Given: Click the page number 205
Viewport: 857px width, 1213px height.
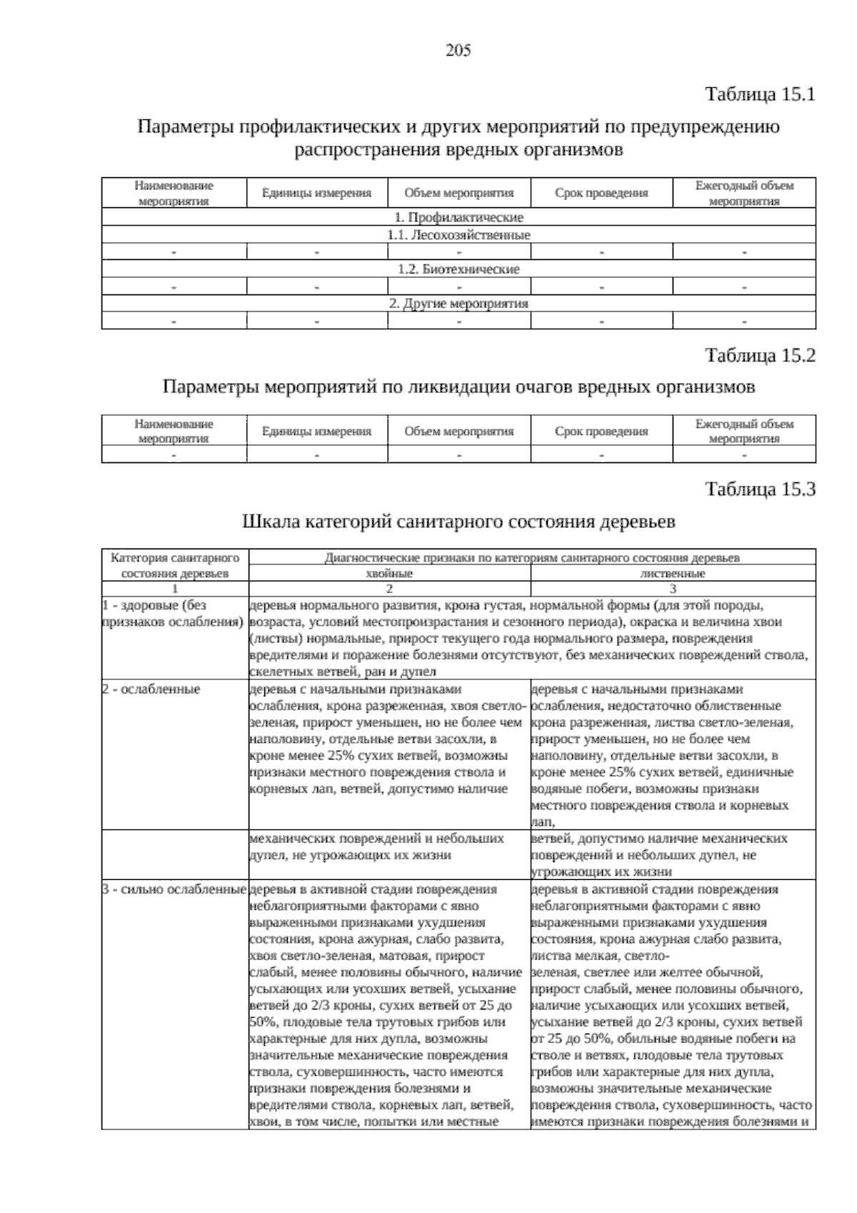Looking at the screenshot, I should point(458,50).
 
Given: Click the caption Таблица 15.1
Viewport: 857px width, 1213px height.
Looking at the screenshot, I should point(760,94).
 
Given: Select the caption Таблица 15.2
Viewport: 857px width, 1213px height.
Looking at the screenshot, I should point(760,355).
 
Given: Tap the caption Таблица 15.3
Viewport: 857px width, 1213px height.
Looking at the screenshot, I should point(760,489).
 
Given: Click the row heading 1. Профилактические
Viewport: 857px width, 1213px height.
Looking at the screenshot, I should point(458,217).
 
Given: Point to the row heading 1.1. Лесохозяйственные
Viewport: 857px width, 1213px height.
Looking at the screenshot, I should point(458,234).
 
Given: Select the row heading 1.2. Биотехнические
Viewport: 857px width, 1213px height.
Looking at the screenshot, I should point(458,269).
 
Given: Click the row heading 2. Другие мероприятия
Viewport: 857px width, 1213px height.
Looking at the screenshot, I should point(458,303).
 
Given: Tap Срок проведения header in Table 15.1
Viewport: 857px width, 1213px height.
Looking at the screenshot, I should point(601,193).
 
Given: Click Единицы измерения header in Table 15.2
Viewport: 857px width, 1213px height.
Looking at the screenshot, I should point(316,431).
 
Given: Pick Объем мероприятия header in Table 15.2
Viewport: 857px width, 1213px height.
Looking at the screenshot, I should point(458,431).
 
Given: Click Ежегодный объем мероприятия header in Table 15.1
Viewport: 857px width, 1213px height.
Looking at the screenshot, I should point(744,193).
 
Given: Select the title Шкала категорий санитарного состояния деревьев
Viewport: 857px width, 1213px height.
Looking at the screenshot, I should point(459,522).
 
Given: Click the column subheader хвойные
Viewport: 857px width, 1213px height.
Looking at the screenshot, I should point(389,574).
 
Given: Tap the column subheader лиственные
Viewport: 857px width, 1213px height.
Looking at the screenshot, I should point(673,574).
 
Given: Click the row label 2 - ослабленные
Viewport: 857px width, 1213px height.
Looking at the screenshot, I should point(151,689).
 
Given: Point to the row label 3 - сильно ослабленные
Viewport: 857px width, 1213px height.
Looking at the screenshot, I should point(174,889).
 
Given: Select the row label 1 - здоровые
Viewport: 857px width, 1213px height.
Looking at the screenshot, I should point(154,605).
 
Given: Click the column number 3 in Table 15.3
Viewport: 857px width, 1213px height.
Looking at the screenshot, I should point(673,589).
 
